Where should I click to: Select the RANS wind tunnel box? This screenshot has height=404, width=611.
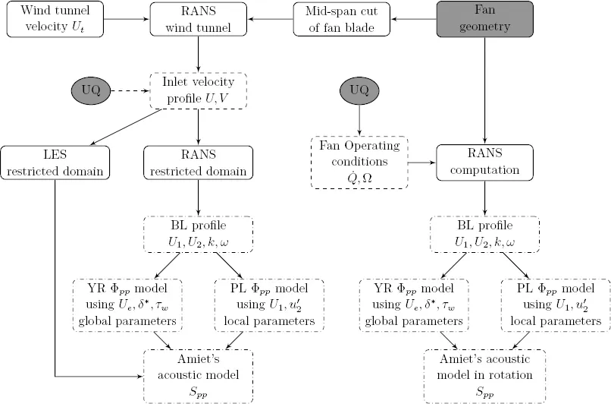point(198,19)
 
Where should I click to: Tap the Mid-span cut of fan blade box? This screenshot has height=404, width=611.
point(342,19)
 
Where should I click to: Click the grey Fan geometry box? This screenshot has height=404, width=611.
point(485,19)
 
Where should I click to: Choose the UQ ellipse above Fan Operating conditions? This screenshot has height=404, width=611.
point(359,92)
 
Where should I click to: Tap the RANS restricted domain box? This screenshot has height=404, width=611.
point(198,162)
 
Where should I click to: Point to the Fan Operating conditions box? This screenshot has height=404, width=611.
point(359,162)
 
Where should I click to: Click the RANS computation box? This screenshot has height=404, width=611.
point(485,162)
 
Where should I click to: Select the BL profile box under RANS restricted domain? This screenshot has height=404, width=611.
point(198,235)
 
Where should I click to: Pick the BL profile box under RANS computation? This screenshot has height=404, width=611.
point(485,235)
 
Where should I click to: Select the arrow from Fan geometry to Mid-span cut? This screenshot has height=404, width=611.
point(413,19)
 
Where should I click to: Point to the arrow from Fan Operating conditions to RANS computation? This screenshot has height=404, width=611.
point(422,162)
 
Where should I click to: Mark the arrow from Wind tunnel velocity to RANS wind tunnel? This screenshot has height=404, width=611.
point(126,19)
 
